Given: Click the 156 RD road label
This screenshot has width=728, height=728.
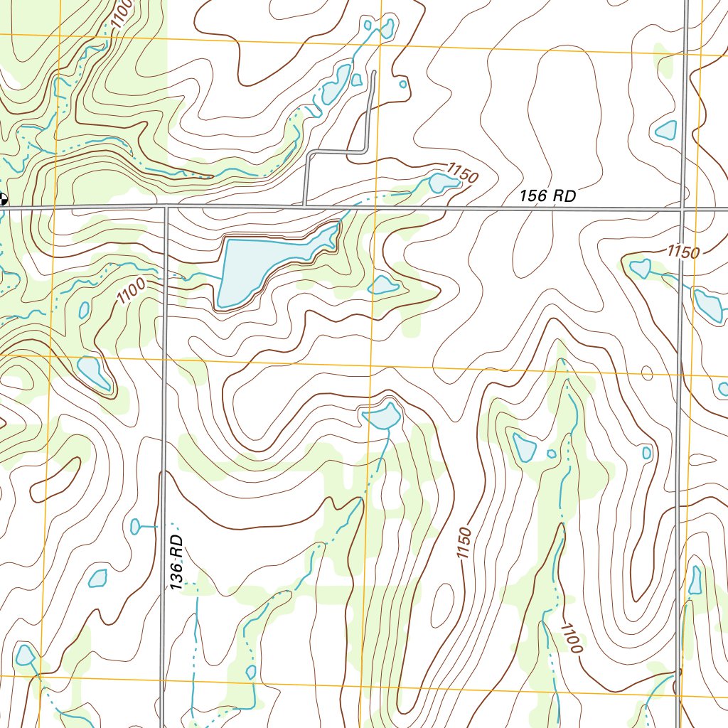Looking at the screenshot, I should [547, 197].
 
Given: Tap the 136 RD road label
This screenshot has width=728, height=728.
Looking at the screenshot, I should [177, 562].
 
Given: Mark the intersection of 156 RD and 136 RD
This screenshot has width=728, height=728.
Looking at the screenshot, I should [165, 208].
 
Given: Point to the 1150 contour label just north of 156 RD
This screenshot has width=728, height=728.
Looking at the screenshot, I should [461, 172].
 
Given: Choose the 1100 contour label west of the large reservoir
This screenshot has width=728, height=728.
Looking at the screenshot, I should [132, 291].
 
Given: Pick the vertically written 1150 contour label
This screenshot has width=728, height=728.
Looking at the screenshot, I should [464, 544].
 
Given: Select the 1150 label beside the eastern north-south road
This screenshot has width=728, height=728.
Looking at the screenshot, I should [683, 252].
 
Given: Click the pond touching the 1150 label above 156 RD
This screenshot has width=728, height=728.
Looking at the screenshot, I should [442, 183].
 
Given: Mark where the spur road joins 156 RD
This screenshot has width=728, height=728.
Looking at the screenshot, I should [305, 207].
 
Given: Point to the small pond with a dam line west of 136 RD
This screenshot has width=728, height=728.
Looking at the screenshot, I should [135, 526].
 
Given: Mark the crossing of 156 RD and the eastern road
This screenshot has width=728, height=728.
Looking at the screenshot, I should [682, 209].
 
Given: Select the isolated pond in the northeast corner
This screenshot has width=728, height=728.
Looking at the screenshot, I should [667, 129].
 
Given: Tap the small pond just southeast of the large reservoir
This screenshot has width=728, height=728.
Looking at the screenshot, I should [384, 286].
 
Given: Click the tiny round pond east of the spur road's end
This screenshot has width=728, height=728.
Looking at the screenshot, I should [403, 84].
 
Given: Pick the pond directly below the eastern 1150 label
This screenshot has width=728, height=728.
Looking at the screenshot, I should [640, 269].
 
